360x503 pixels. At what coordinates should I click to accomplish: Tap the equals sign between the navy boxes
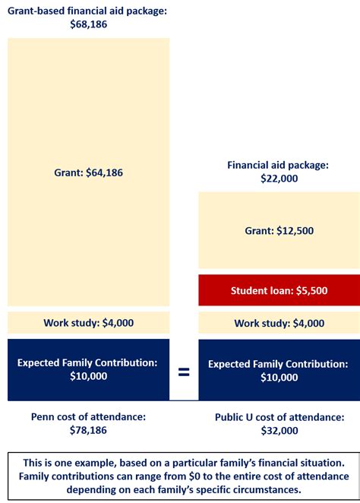[x=184, y=372]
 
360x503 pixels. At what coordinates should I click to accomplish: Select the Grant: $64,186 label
[x=88, y=172]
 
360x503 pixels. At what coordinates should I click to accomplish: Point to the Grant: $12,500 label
[x=279, y=230]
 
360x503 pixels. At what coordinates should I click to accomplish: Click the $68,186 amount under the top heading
[x=88, y=24]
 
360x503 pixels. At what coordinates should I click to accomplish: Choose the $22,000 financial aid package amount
[x=278, y=179]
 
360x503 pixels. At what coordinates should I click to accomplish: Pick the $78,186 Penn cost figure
[x=88, y=430]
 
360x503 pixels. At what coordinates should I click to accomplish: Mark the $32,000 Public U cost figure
[x=278, y=430]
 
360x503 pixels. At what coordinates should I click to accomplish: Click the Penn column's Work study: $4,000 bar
[x=88, y=322]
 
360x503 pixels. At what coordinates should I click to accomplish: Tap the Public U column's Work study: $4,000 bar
[x=279, y=322]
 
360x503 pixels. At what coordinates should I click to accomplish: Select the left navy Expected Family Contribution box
[x=88, y=369]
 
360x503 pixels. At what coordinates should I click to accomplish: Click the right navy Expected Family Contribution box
[x=279, y=369]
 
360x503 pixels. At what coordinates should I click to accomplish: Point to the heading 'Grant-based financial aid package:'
[x=88, y=11]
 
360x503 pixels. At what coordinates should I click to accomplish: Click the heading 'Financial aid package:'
[x=278, y=164]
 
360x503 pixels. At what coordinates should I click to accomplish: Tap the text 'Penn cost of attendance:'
[x=88, y=416]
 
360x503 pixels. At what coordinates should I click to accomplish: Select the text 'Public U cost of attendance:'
[x=279, y=416]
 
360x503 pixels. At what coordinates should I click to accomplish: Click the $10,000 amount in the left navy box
[x=88, y=376]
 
